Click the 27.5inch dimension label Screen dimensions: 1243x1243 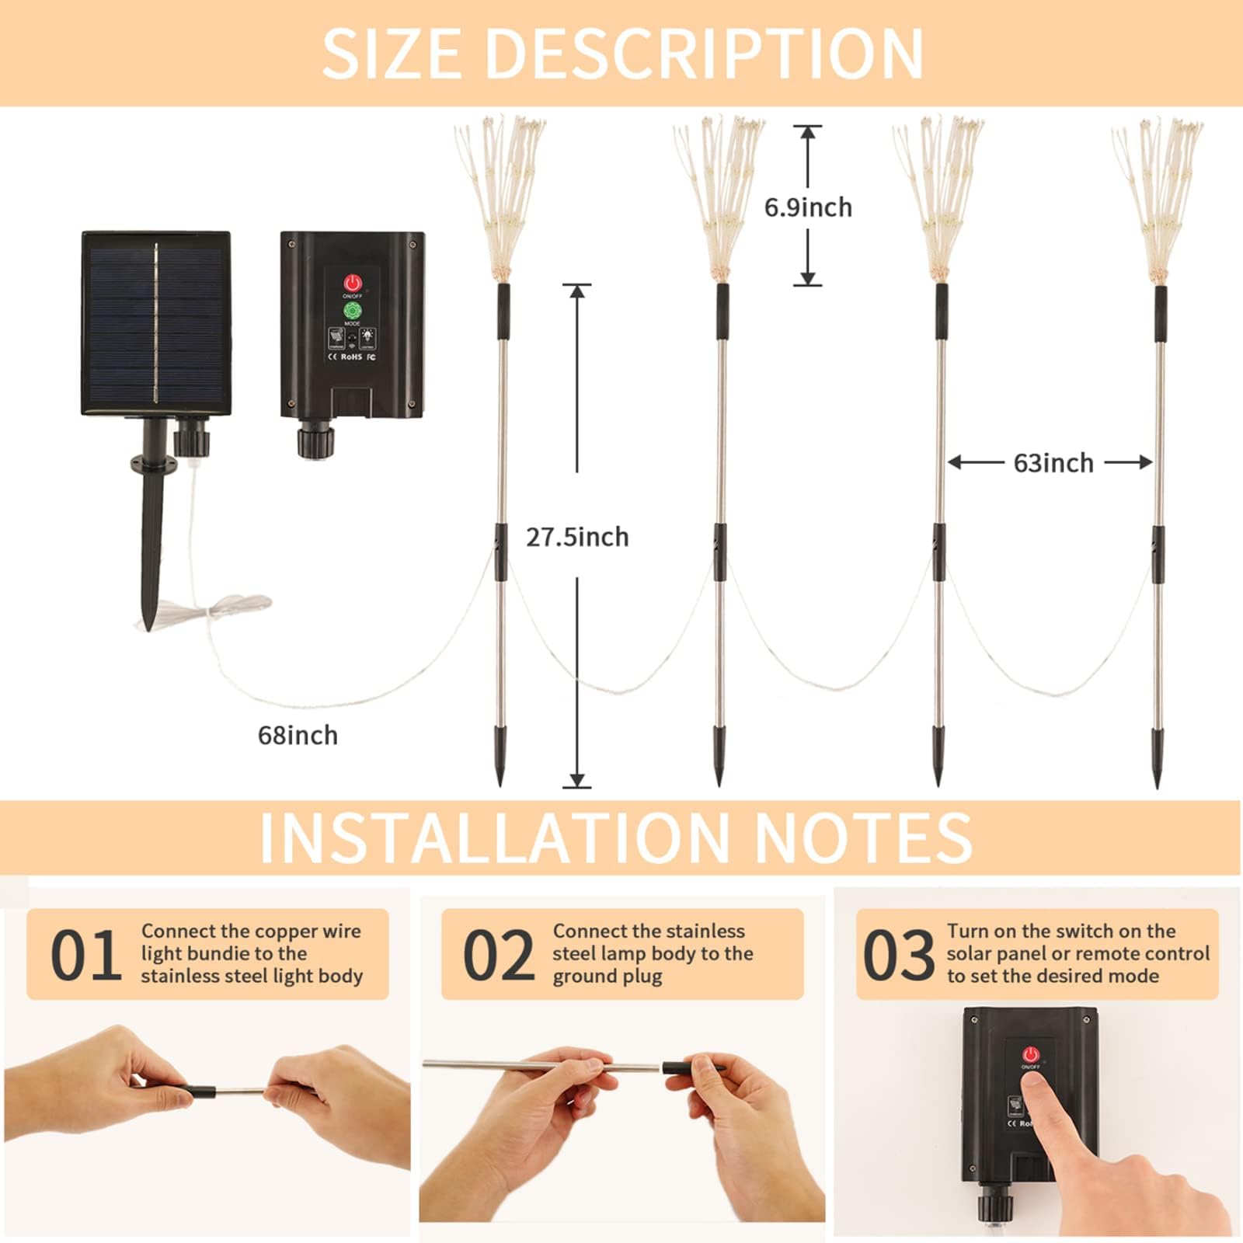[577, 537]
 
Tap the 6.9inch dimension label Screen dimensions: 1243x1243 [808, 207]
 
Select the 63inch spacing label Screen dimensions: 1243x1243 [1053, 463]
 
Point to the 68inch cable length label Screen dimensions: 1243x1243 [298, 735]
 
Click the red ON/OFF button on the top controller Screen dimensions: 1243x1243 [353, 283]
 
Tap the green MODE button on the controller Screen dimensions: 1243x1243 [352, 311]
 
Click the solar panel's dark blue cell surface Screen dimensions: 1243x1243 [155, 322]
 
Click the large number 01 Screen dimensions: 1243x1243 [85, 955]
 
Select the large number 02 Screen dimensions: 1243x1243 [498, 955]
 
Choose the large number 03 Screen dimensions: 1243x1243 [898, 955]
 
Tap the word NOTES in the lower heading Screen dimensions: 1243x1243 [863, 838]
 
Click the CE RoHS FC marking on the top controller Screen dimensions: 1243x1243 [352, 357]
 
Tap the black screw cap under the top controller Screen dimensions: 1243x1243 [314, 440]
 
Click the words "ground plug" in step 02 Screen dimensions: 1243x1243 [607, 977]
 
